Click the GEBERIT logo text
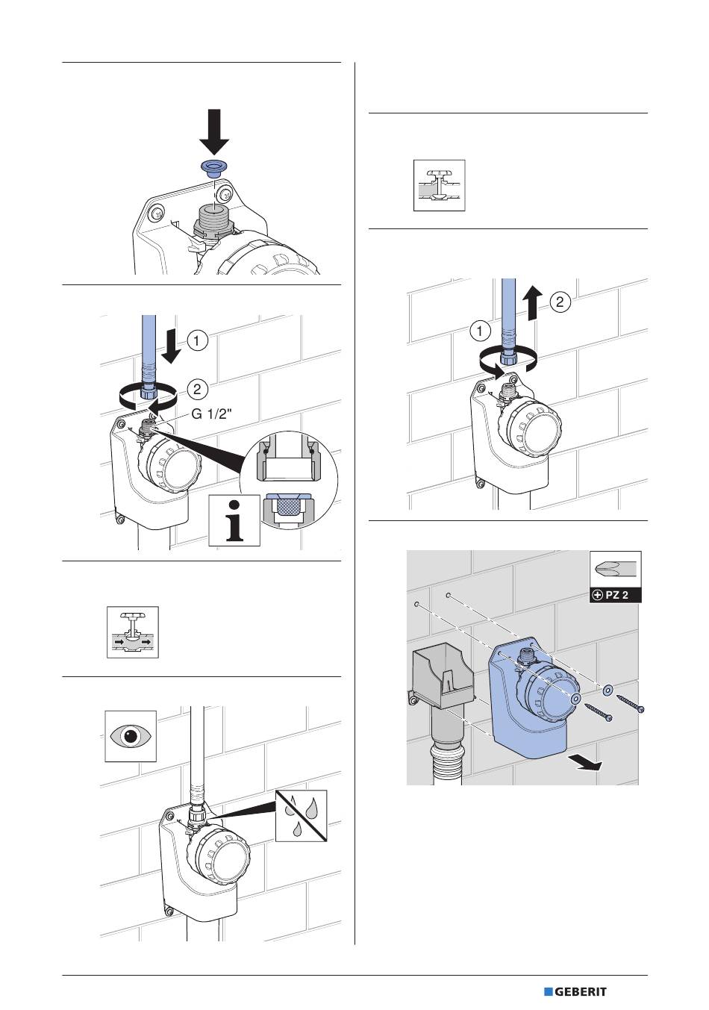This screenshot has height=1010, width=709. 580,992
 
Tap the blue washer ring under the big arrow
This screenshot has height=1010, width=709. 215,166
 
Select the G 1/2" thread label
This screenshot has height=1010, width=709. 213,417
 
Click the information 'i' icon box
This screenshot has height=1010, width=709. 235,520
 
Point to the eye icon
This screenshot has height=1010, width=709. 131,736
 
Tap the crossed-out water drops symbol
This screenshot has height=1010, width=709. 302,815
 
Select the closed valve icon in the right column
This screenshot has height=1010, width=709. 440,185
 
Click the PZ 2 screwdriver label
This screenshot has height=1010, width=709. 615,595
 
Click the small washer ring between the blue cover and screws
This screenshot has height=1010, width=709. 608,689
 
